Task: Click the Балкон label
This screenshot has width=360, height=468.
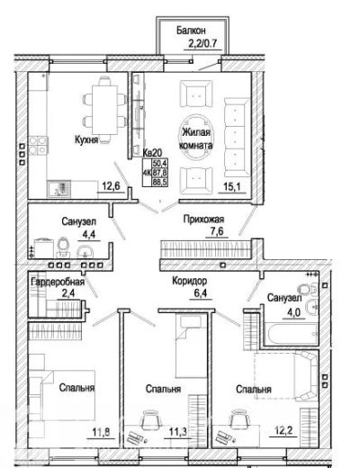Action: [191, 31]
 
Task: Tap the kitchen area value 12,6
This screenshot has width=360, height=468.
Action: [111, 186]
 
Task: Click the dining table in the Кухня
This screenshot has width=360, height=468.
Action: [104, 110]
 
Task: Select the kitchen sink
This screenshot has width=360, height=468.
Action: [58, 189]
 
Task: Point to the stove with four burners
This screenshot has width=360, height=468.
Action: [39, 146]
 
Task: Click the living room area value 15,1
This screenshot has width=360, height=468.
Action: [232, 187]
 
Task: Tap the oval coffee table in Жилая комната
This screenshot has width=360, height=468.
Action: [196, 138]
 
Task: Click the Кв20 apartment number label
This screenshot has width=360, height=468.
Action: [152, 153]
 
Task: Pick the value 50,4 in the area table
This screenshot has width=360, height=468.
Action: [160, 164]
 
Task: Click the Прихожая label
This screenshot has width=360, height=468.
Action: [203, 219]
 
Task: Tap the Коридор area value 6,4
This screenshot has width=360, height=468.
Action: [201, 292]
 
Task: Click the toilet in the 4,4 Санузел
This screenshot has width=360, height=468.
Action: [63, 247]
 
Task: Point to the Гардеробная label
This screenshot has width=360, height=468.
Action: [58, 282]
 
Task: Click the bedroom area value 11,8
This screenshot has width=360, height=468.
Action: [101, 432]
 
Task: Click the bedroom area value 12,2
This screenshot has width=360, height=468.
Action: [283, 430]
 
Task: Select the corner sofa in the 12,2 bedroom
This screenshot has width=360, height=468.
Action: [305, 375]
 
